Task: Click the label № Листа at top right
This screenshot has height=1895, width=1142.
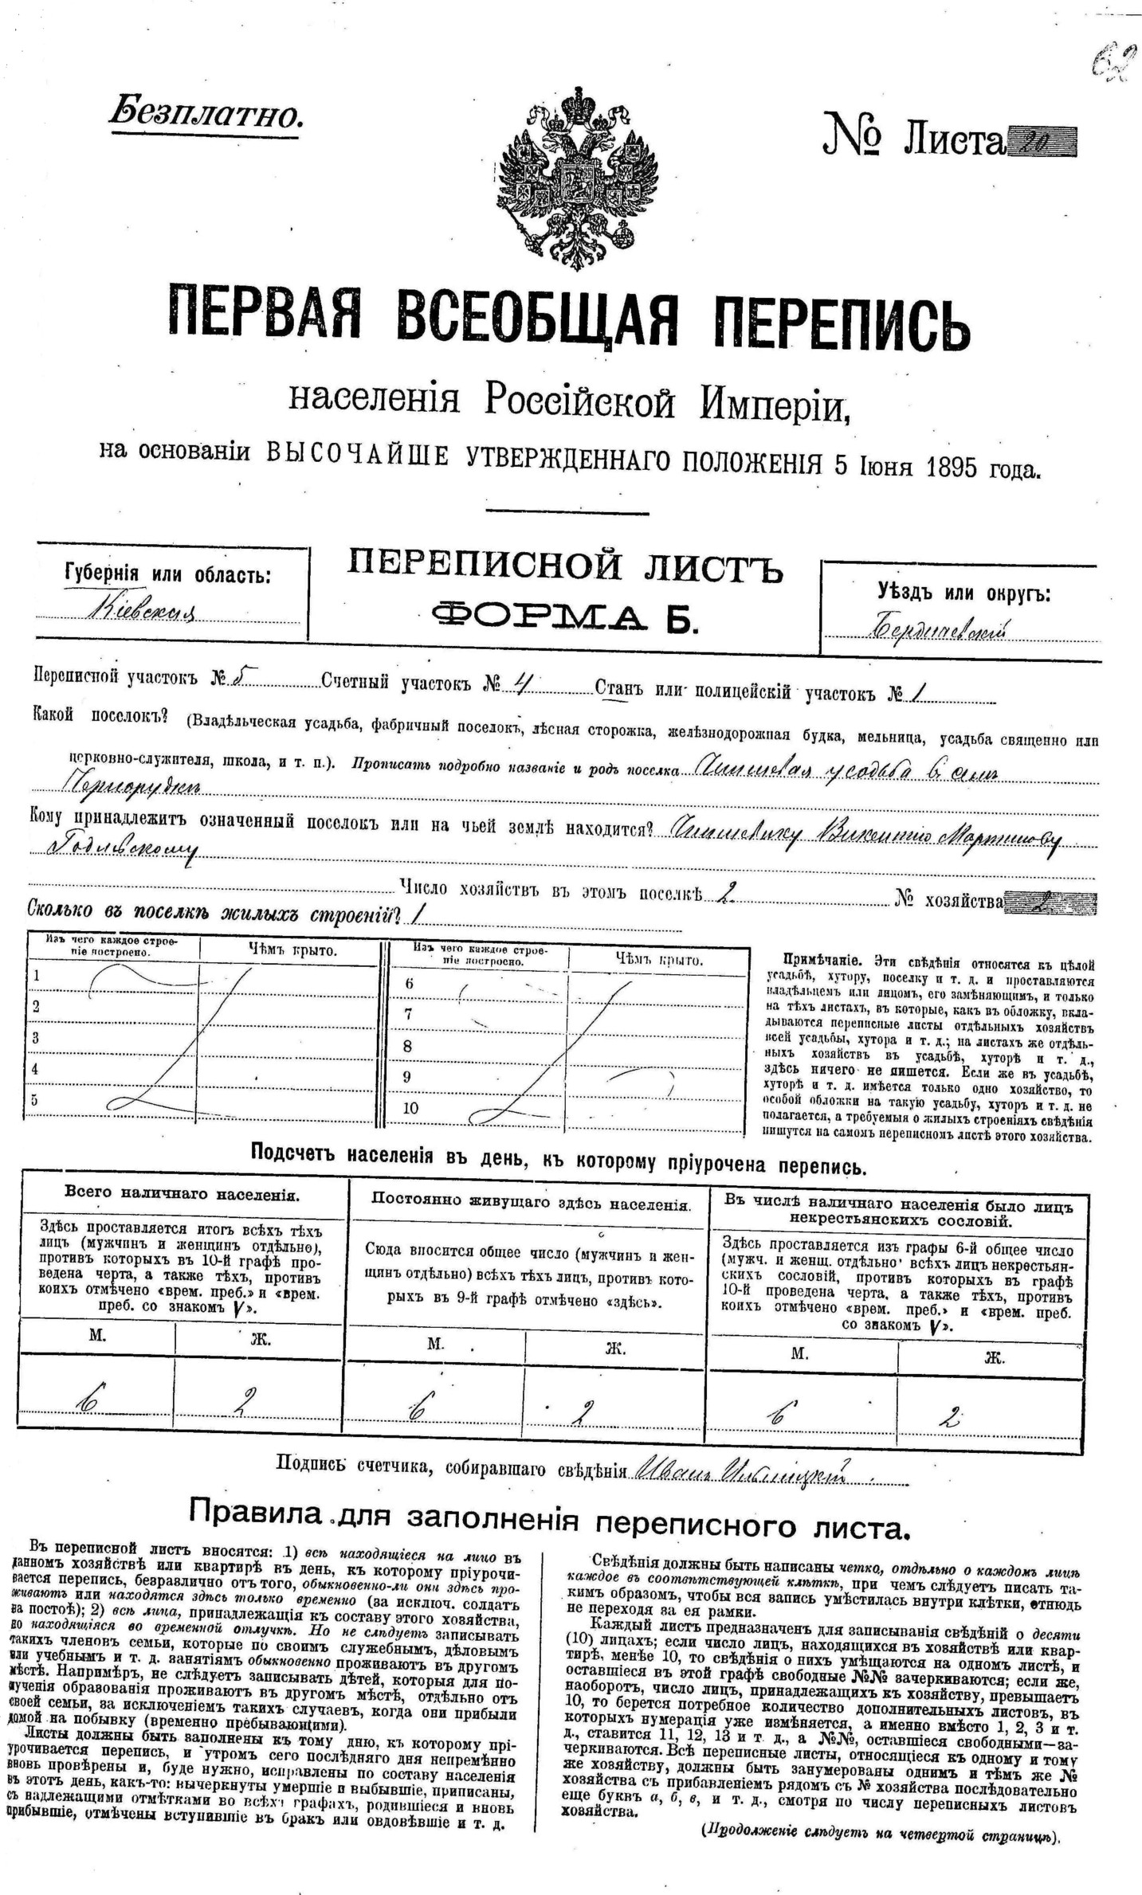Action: coord(912,139)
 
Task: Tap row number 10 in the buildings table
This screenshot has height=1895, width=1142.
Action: coord(410,1107)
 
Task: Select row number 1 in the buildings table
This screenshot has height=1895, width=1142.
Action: coord(35,977)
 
